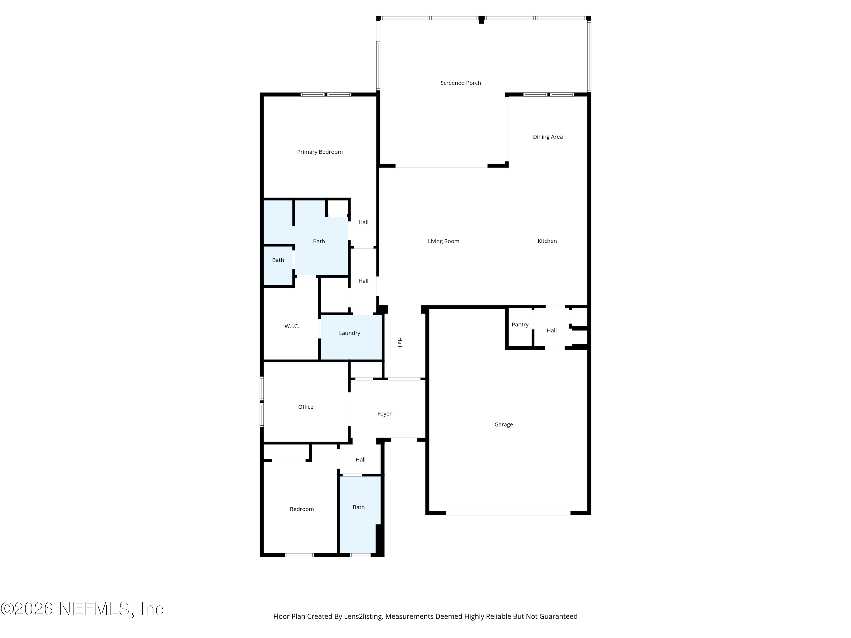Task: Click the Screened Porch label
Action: (x=460, y=83)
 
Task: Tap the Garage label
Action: (x=504, y=424)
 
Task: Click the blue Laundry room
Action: (x=351, y=337)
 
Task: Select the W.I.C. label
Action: (x=292, y=326)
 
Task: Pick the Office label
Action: (x=306, y=407)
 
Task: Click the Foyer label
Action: (x=384, y=414)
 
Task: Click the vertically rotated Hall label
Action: (x=400, y=342)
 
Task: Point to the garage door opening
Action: (x=508, y=513)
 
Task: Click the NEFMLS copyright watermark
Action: (x=82, y=609)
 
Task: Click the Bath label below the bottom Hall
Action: (x=359, y=507)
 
